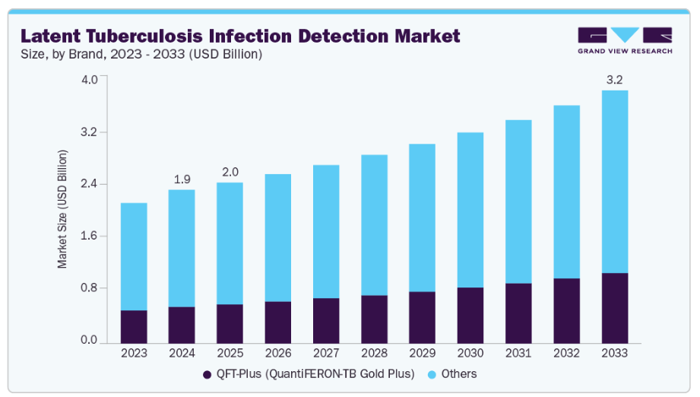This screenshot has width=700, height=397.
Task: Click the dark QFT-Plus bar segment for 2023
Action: coord(134,326)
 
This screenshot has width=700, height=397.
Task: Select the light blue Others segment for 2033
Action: coord(614,181)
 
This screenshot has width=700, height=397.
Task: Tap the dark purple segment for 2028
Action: coord(374,319)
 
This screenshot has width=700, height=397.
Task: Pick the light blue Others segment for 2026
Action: coord(277,237)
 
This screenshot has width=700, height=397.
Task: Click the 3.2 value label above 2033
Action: coord(614,79)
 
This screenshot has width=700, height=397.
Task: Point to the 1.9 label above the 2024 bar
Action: coord(182,179)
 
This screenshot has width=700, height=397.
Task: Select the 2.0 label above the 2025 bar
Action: coord(230,172)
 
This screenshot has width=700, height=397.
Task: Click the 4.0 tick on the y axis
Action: coord(90,80)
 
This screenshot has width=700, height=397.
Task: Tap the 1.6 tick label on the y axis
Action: coord(90,236)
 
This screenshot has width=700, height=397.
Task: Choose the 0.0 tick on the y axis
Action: coord(90,340)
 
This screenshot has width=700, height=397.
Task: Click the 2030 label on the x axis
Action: coord(470,353)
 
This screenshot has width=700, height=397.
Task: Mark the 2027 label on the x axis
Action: coord(325,353)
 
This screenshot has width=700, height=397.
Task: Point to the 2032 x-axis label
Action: coord(566,353)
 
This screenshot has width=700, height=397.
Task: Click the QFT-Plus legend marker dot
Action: coord(207,374)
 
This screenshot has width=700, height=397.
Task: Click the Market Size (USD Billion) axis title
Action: coord(63,209)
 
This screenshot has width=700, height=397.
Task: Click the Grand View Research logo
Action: coord(625,40)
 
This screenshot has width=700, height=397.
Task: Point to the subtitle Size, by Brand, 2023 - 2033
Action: coord(141,54)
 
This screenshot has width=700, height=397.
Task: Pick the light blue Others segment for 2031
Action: coord(518,202)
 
